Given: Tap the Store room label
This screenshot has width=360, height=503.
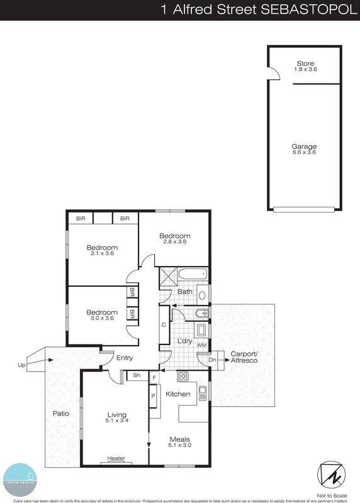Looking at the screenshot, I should pos(305,64).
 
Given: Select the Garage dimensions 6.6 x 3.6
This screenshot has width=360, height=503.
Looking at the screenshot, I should pos(304,152).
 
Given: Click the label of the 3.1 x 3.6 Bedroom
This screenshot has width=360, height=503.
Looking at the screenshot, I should pos(102,248).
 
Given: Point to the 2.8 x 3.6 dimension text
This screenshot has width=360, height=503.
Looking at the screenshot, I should pos(174,242).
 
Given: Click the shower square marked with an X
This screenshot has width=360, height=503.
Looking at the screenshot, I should pos(168,276).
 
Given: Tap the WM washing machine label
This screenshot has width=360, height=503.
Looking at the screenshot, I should pos(202,345).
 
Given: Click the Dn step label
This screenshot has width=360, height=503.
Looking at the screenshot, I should pos(212,360).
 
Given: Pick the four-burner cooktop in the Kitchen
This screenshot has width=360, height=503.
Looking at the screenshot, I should pos(184,377).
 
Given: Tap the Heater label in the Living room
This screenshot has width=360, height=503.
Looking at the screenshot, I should pos(116,458).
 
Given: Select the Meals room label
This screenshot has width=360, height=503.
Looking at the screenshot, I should pos(179,439).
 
